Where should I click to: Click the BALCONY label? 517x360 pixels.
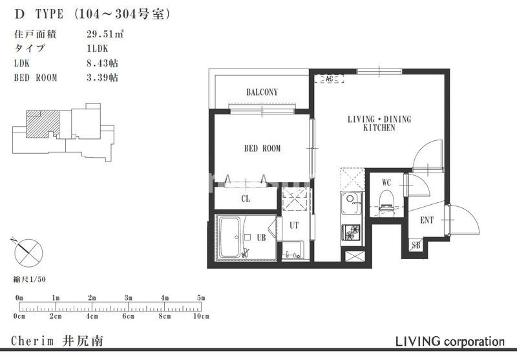click(x=262, y=92)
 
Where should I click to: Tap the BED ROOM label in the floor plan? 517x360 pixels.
click(x=262, y=149)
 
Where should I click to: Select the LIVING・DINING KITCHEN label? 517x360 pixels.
click(x=379, y=123)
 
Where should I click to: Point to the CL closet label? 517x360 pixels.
click(x=246, y=198)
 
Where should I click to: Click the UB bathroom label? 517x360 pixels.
click(x=261, y=238)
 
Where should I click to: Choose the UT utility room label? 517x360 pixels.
click(x=294, y=226)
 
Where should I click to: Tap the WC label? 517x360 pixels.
click(x=386, y=182)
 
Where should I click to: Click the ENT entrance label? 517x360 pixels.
click(x=427, y=220)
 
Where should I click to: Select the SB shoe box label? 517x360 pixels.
click(x=417, y=245)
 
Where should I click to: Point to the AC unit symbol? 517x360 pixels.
click(x=329, y=79)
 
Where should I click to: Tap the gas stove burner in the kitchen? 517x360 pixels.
click(x=351, y=231)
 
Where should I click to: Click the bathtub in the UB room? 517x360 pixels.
click(x=231, y=237)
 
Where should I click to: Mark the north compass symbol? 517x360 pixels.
click(x=28, y=250)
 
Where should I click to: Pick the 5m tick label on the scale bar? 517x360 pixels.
click(x=201, y=298)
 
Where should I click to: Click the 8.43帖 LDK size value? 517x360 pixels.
click(x=102, y=63)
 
